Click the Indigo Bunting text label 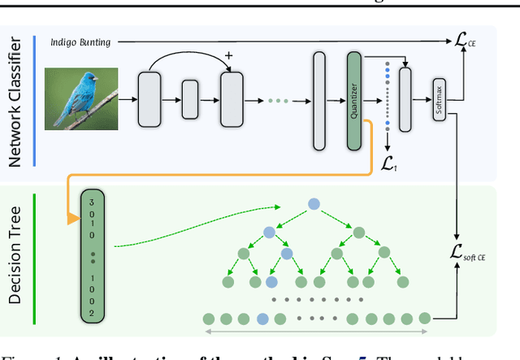click(x=80, y=41)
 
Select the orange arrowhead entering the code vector click(x=73, y=218)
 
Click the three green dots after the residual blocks click(x=277, y=101)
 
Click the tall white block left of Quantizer click(x=319, y=100)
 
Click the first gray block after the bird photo click(x=149, y=100)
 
